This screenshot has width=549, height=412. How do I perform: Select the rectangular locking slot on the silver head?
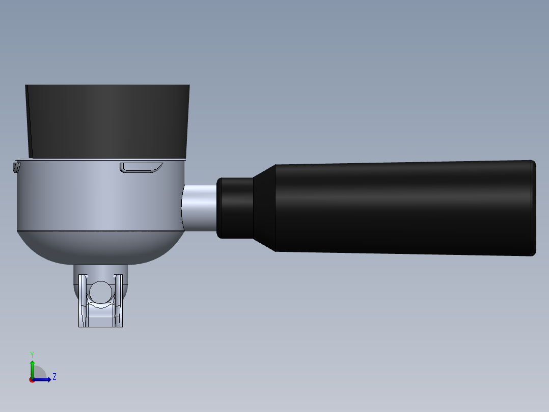pos(141,167)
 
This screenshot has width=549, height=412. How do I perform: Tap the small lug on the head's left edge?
pos(15,167)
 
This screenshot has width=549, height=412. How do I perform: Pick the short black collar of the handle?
pos(235,208)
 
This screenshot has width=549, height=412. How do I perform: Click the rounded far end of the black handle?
pos(533,208)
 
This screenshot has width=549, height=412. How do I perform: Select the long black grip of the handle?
pos(402,208)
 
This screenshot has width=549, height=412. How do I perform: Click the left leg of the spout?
pos(83,303)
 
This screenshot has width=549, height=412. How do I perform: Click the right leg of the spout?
pos(119,303)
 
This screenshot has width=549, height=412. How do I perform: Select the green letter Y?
pos(32,354)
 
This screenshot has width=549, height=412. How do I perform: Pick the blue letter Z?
pos(54,377)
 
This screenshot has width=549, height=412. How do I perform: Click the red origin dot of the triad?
pos(32,380)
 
